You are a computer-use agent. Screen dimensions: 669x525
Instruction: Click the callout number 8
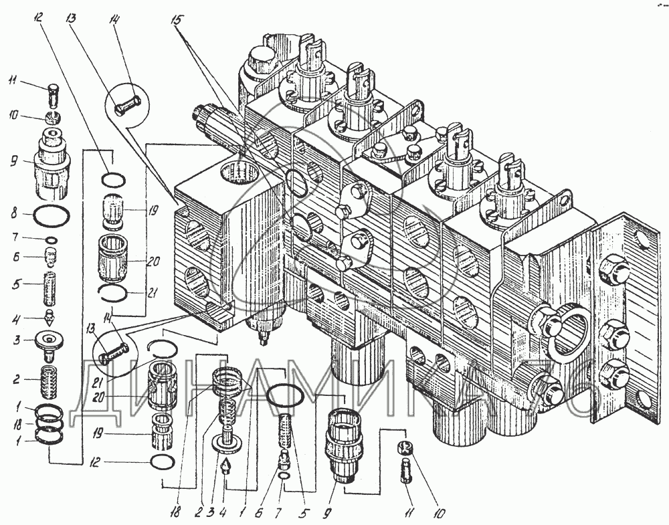tap(14, 213)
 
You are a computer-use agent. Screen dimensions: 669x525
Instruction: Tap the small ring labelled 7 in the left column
tap(51, 239)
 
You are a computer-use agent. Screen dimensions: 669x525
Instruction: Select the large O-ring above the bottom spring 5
tap(284, 395)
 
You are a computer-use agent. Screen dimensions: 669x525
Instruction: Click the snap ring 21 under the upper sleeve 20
tap(113, 292)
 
